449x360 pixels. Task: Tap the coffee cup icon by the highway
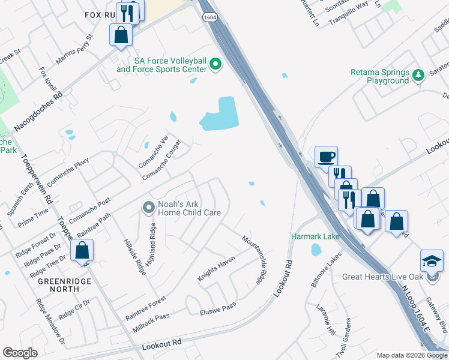[326, 157]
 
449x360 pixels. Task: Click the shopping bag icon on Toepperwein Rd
[82, 251]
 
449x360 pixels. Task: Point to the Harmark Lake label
[315, 236]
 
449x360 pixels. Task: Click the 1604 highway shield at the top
[209, 18]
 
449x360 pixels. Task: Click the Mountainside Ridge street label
[253, 259]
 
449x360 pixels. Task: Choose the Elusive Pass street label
[218, 308]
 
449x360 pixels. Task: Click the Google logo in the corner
[20, 353]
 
